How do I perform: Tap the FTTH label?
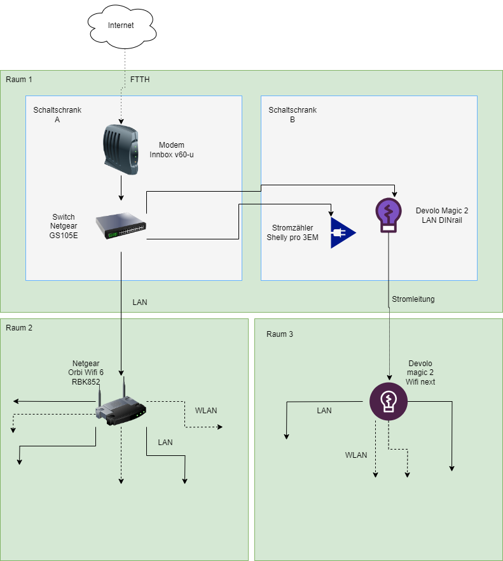(140, 80)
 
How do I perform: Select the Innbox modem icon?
(120, 150)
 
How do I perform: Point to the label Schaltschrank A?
(57, 115)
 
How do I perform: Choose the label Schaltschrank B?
(293, 115)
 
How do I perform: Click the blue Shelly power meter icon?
(341, 232)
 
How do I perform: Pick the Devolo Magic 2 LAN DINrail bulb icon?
(388, 214)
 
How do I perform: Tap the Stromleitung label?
(413, 299)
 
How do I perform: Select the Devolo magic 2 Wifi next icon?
(388, 402)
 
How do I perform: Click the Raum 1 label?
(18, 80)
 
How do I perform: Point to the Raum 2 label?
(18, 328)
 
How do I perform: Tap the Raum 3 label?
(280, 334)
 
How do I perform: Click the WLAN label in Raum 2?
(206, 411)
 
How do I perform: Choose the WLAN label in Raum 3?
(356, 455)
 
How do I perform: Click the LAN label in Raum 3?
(324, 411)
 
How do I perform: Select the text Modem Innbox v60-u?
(171, 150)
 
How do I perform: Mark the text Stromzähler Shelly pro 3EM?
(293, 232)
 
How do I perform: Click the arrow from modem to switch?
(121, 188)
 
